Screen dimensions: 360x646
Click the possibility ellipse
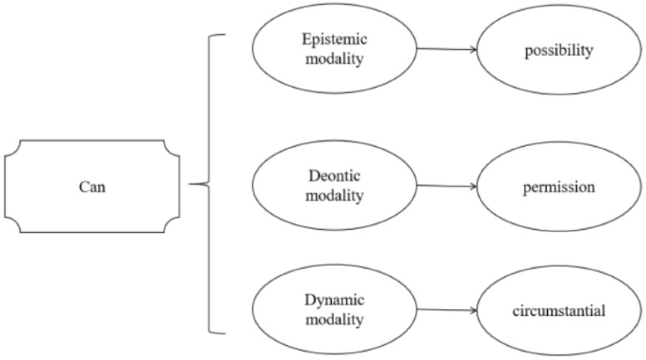pyautogui.click(x=558, y=49)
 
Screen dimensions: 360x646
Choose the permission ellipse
pyautogui.click(x=558, y=187)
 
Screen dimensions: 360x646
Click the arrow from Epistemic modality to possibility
pyautogui.click(x=445, y=49)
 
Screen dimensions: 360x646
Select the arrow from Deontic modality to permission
pyautogui.click(x=445, y=187)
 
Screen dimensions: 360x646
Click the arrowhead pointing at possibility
pyautogui.click(x=472, y=49)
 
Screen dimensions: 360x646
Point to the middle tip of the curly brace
pyautogui.click(x=191, y=186)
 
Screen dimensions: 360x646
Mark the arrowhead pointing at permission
pyautogui.click(x=472, y=187)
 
